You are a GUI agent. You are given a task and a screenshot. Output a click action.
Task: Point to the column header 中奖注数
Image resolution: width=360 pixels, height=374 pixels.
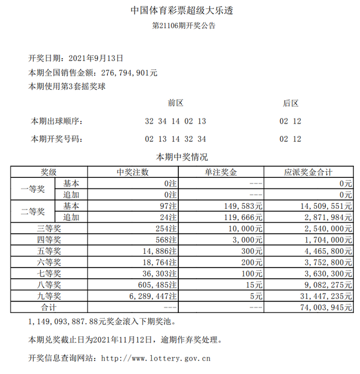coord(133,172)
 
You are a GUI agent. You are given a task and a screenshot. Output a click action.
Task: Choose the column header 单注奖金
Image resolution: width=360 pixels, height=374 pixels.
coord(220,172)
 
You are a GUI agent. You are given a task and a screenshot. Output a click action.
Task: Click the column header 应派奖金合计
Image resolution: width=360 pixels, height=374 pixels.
coord(308,172)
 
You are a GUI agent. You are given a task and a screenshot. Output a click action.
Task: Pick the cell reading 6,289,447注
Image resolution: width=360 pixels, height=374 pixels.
coord(150,296)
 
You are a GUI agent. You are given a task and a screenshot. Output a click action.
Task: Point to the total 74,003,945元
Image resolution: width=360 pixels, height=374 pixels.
coord(326,308)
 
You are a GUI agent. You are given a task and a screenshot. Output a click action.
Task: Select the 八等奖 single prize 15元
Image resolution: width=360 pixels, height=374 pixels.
coord(255,285)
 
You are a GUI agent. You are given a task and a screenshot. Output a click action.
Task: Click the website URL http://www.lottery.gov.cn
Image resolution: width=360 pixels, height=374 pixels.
coord(156,358)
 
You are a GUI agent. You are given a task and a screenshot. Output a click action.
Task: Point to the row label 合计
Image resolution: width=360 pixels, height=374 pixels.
coord(49,308)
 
